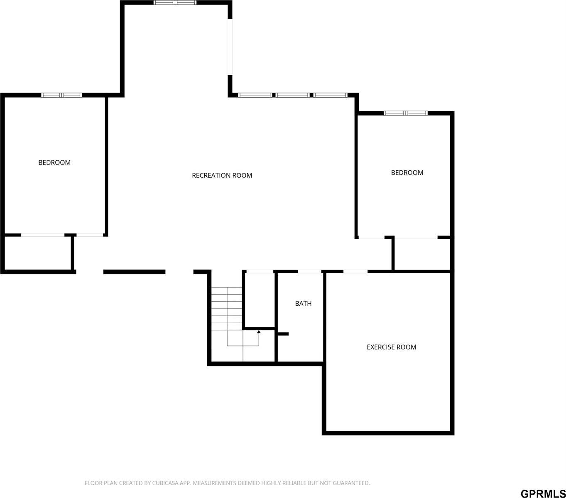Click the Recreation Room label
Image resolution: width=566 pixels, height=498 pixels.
click(x=222, y=175)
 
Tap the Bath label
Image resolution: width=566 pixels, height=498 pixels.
click(x=303, y=304)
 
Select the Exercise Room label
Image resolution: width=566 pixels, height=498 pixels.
click(x=391, y=347)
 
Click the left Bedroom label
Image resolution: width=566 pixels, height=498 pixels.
click(x=54, y=162)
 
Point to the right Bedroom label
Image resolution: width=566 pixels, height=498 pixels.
click(x=407, y=172)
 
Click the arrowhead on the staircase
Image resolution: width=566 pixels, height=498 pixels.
click(x=259, y=331)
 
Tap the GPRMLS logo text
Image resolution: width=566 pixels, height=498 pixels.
click(x=543, y=493)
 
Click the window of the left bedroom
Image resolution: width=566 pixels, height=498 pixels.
click(x=61, y=95)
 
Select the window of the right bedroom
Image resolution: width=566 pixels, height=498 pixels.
click(x=405, y=113)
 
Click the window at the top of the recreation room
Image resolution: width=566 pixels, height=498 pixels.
click(x=175, y=2)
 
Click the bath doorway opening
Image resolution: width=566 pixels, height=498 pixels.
click(x=309, y=272)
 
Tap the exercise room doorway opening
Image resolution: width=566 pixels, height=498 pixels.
click(x=355, y=272)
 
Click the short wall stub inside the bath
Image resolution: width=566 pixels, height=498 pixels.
click(x=283, y=334)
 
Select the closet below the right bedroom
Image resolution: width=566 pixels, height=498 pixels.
click(x=421, y=254)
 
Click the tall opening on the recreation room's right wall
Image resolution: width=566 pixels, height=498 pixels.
click(x=230, y=47)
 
